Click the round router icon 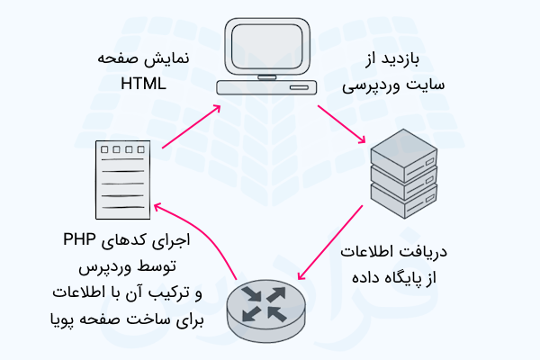pos(269,305)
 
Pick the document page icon pos(122,176)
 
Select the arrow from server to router pos(330,241)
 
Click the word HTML pos(143,84)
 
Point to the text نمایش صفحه pos(130,58)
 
